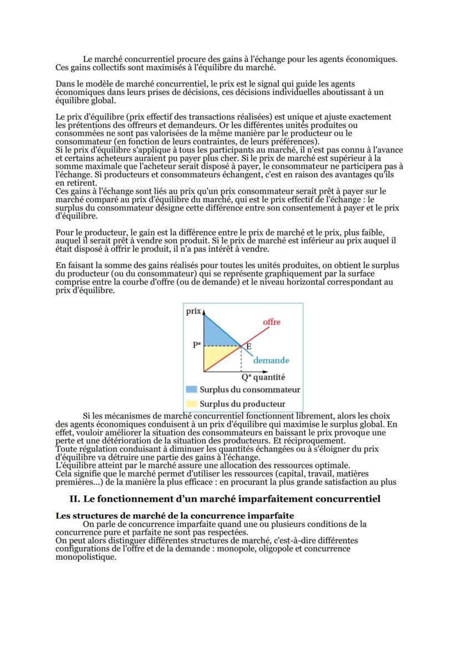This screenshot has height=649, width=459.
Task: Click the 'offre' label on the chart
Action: (x=271, y=322)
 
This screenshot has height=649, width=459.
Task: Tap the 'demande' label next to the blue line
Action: (x=271, y=360)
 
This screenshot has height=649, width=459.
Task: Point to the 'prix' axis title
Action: (x=193, y=311)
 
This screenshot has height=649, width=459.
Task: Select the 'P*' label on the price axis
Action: (x=197, y=345)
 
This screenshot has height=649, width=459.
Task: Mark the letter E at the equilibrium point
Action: (x=249, y=347)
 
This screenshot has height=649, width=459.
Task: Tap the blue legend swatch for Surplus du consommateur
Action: (x=191, y=390)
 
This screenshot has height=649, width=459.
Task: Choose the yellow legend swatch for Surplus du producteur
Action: (x=191, y=404)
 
